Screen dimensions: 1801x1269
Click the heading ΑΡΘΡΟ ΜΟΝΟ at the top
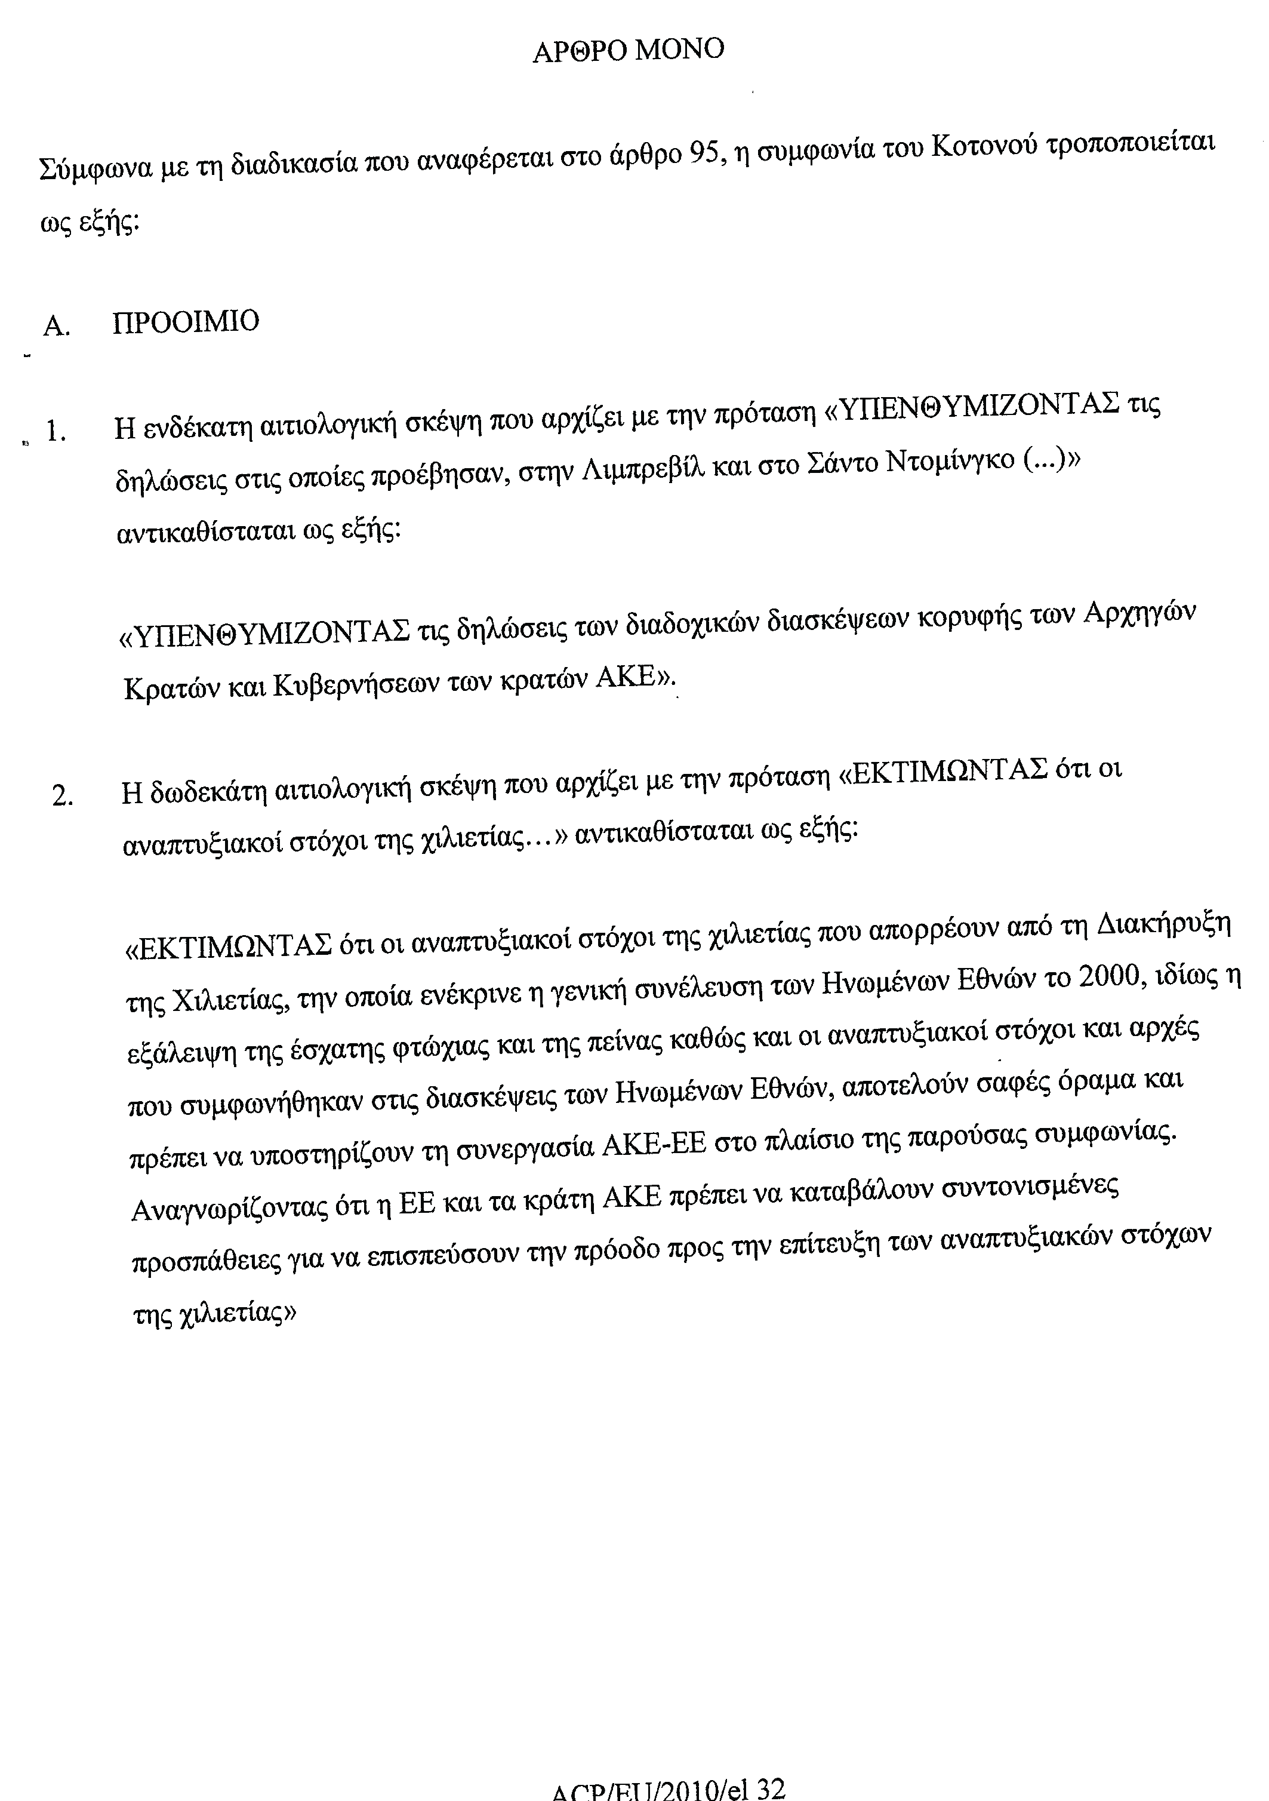(628, 51)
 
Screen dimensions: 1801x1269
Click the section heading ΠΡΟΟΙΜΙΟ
(186, 322)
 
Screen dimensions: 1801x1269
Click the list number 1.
(54, 431)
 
